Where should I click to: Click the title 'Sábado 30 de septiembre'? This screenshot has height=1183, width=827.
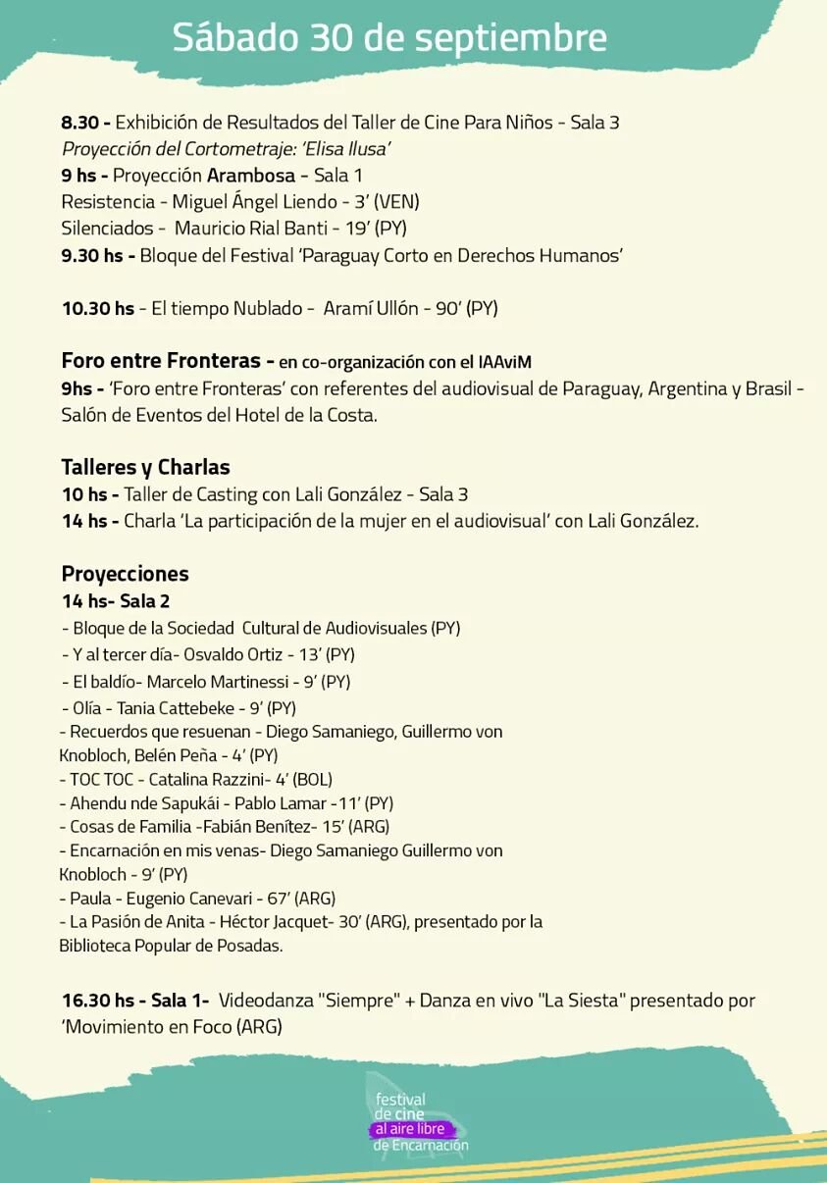coord(389,38)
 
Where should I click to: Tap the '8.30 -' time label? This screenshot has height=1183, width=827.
coord(86,123)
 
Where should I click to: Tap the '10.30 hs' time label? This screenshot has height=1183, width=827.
coord(97,308)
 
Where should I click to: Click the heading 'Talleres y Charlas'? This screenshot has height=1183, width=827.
coord(145,467)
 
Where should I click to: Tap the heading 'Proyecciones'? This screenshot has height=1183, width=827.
coord(125,574)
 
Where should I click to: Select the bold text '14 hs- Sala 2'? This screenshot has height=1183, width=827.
coord(116,601)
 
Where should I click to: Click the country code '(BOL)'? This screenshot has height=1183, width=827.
coord(312,780)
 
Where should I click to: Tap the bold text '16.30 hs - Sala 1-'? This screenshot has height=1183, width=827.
coord(135,1001)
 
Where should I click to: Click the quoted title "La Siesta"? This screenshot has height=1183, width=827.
coord(584,1001)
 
